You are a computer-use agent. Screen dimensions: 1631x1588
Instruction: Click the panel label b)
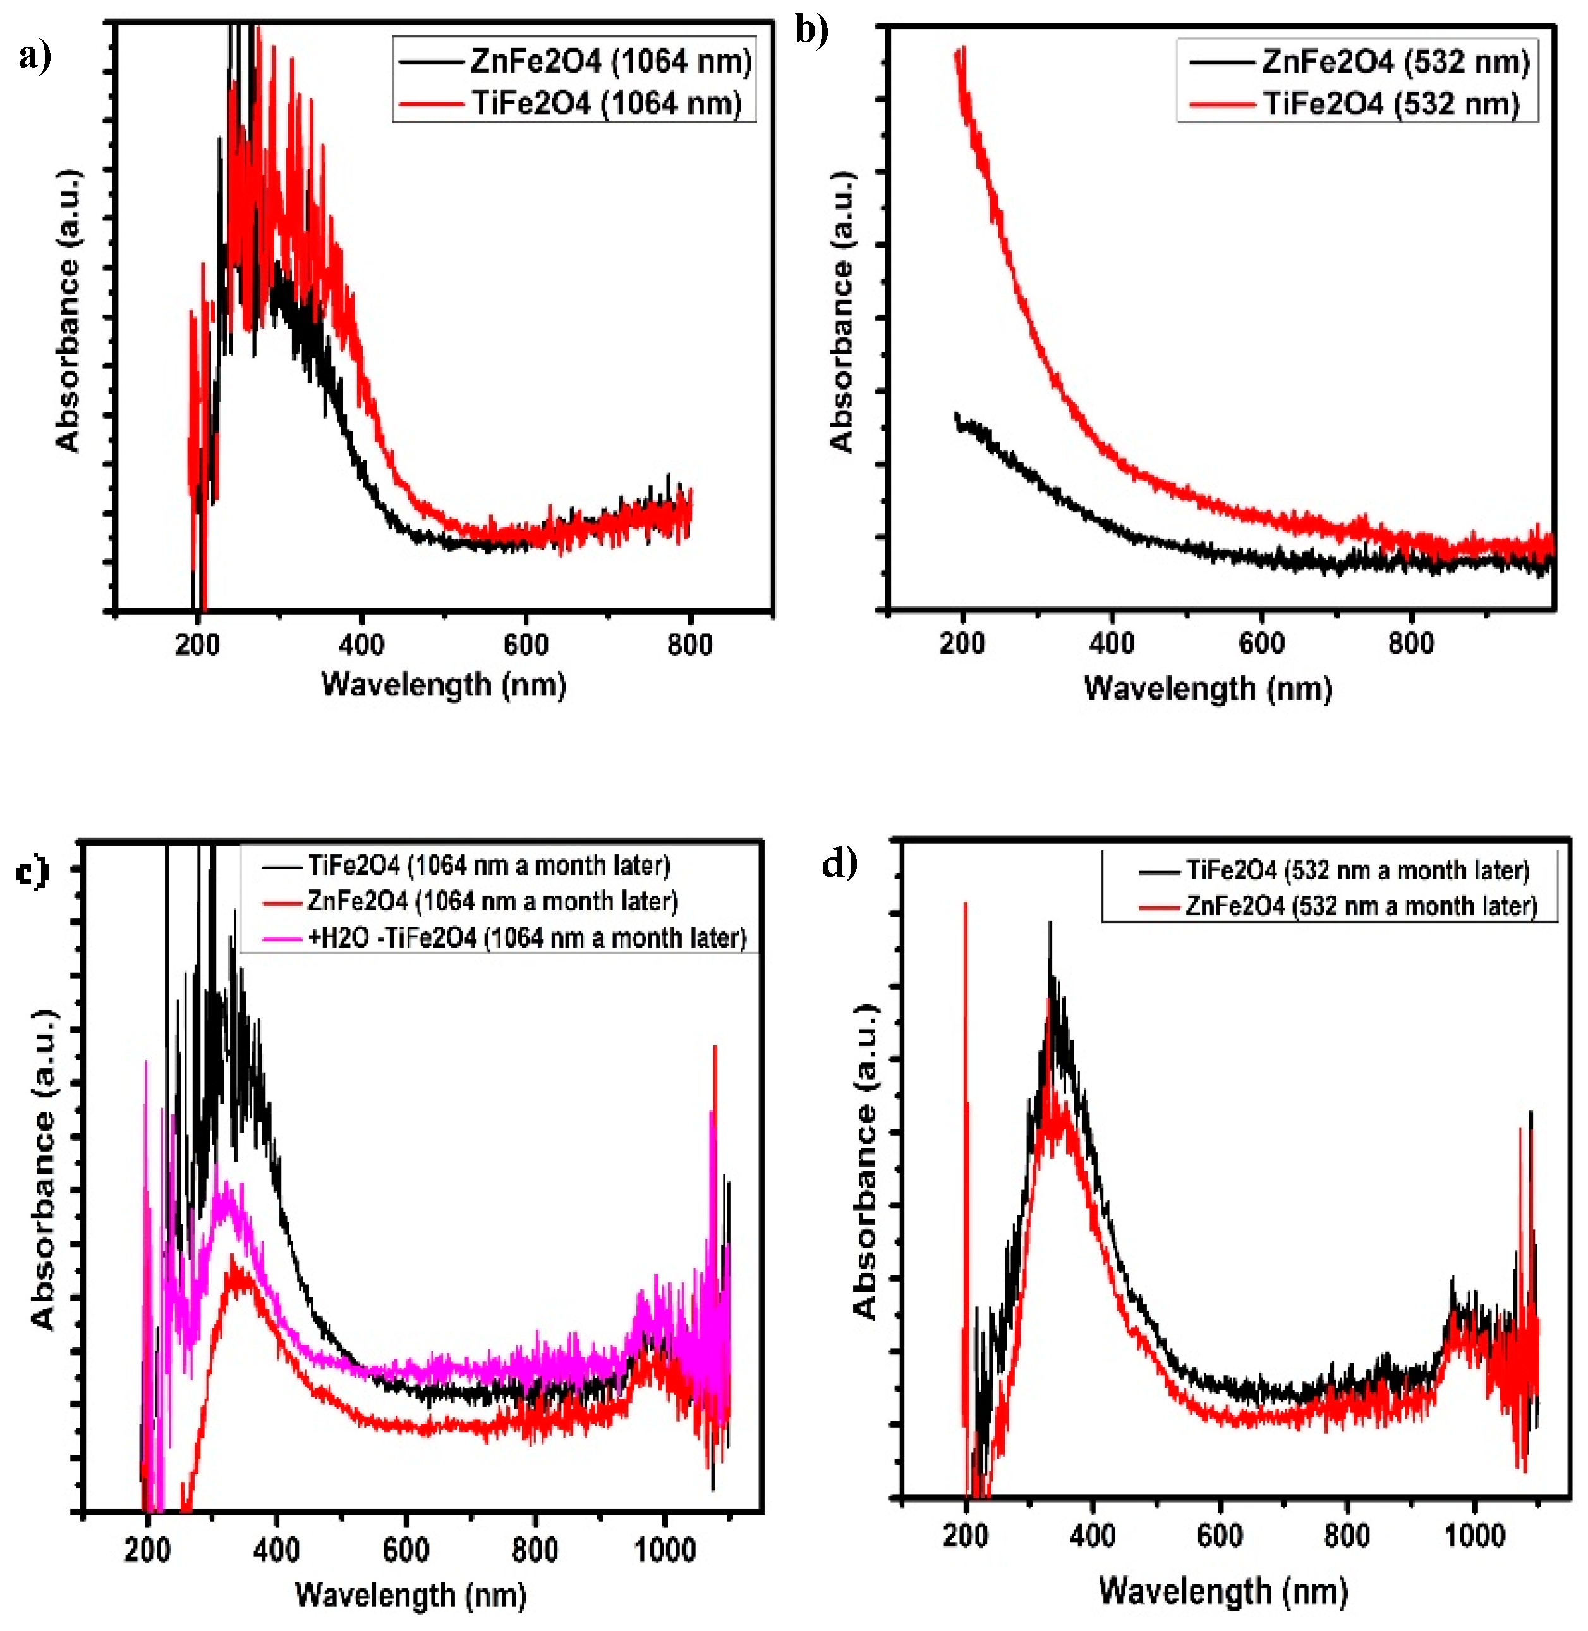[x=811, y=31]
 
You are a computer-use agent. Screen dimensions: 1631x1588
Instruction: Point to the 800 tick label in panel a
[x=690, y=644]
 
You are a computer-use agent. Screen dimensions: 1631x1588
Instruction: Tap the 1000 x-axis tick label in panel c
[x=665, y=1550]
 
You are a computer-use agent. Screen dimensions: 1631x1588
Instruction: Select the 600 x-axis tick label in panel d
[x=1220, y=1535]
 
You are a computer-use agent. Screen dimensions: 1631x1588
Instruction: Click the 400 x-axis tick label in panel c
[x=276, y=1550]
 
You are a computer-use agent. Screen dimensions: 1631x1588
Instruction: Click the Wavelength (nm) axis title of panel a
[x=444, y=685]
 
